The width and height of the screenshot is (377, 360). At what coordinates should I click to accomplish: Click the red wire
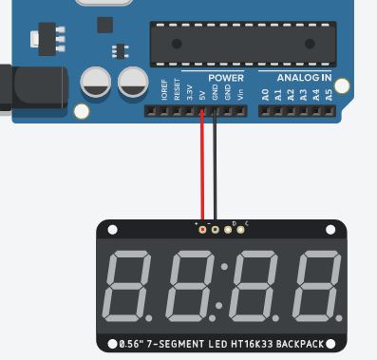click(201, 171)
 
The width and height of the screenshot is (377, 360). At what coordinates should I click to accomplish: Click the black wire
click(215, 171)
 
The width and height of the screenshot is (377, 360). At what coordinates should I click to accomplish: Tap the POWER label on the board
click(226, 77)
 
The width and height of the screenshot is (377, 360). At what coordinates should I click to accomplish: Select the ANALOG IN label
click(304, 77)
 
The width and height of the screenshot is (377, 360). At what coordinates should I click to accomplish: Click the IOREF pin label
click(164, 92)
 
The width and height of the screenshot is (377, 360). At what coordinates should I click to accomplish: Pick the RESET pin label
click(177, 92)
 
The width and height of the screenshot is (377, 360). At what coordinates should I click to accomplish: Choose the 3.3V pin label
click(189, 93)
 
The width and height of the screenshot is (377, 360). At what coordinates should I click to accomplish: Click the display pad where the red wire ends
click(201, 229)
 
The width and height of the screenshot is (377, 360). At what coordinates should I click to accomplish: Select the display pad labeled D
click(228, 229)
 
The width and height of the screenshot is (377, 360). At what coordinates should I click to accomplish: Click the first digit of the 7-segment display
click(132, 286)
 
